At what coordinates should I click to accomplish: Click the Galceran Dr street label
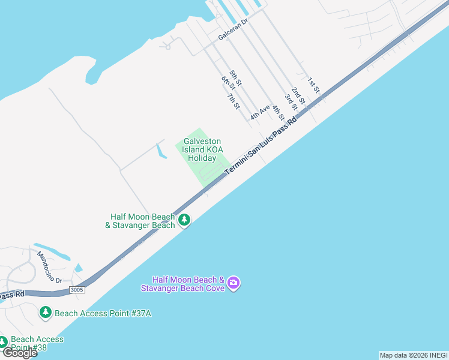tap(233, 28)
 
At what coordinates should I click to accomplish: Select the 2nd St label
tap(298, 93)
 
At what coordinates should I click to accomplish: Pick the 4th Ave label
tap(260, 112)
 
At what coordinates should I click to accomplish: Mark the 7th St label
tap(234, 100)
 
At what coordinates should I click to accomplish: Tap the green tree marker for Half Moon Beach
tap(184, 220)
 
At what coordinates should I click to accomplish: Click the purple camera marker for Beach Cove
tap(234, 283)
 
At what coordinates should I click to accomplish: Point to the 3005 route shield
tap(77, 290)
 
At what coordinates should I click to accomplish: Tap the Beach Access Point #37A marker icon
tap(46, 313)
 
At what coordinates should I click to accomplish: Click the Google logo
tap(20, 353)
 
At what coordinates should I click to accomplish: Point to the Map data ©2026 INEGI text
tap(414, 355)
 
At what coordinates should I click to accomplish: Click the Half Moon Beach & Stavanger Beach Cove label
tap(182, 284)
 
